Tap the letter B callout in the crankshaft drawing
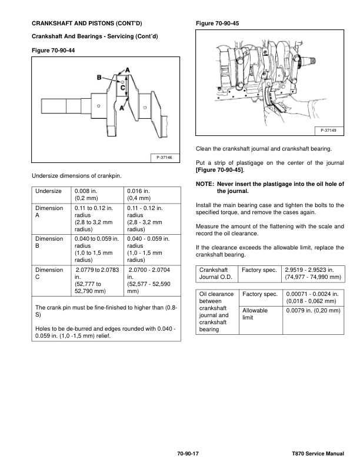click(x=100, y=76)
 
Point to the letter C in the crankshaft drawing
click(x=123, y=86)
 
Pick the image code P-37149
click(x=329, y=130)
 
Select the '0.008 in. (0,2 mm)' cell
click(x=88, y=195)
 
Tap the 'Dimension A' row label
click(x=49, y=212)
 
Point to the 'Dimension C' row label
click(x=49, y=273)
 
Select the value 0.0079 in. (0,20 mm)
click(x=313, y=310)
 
